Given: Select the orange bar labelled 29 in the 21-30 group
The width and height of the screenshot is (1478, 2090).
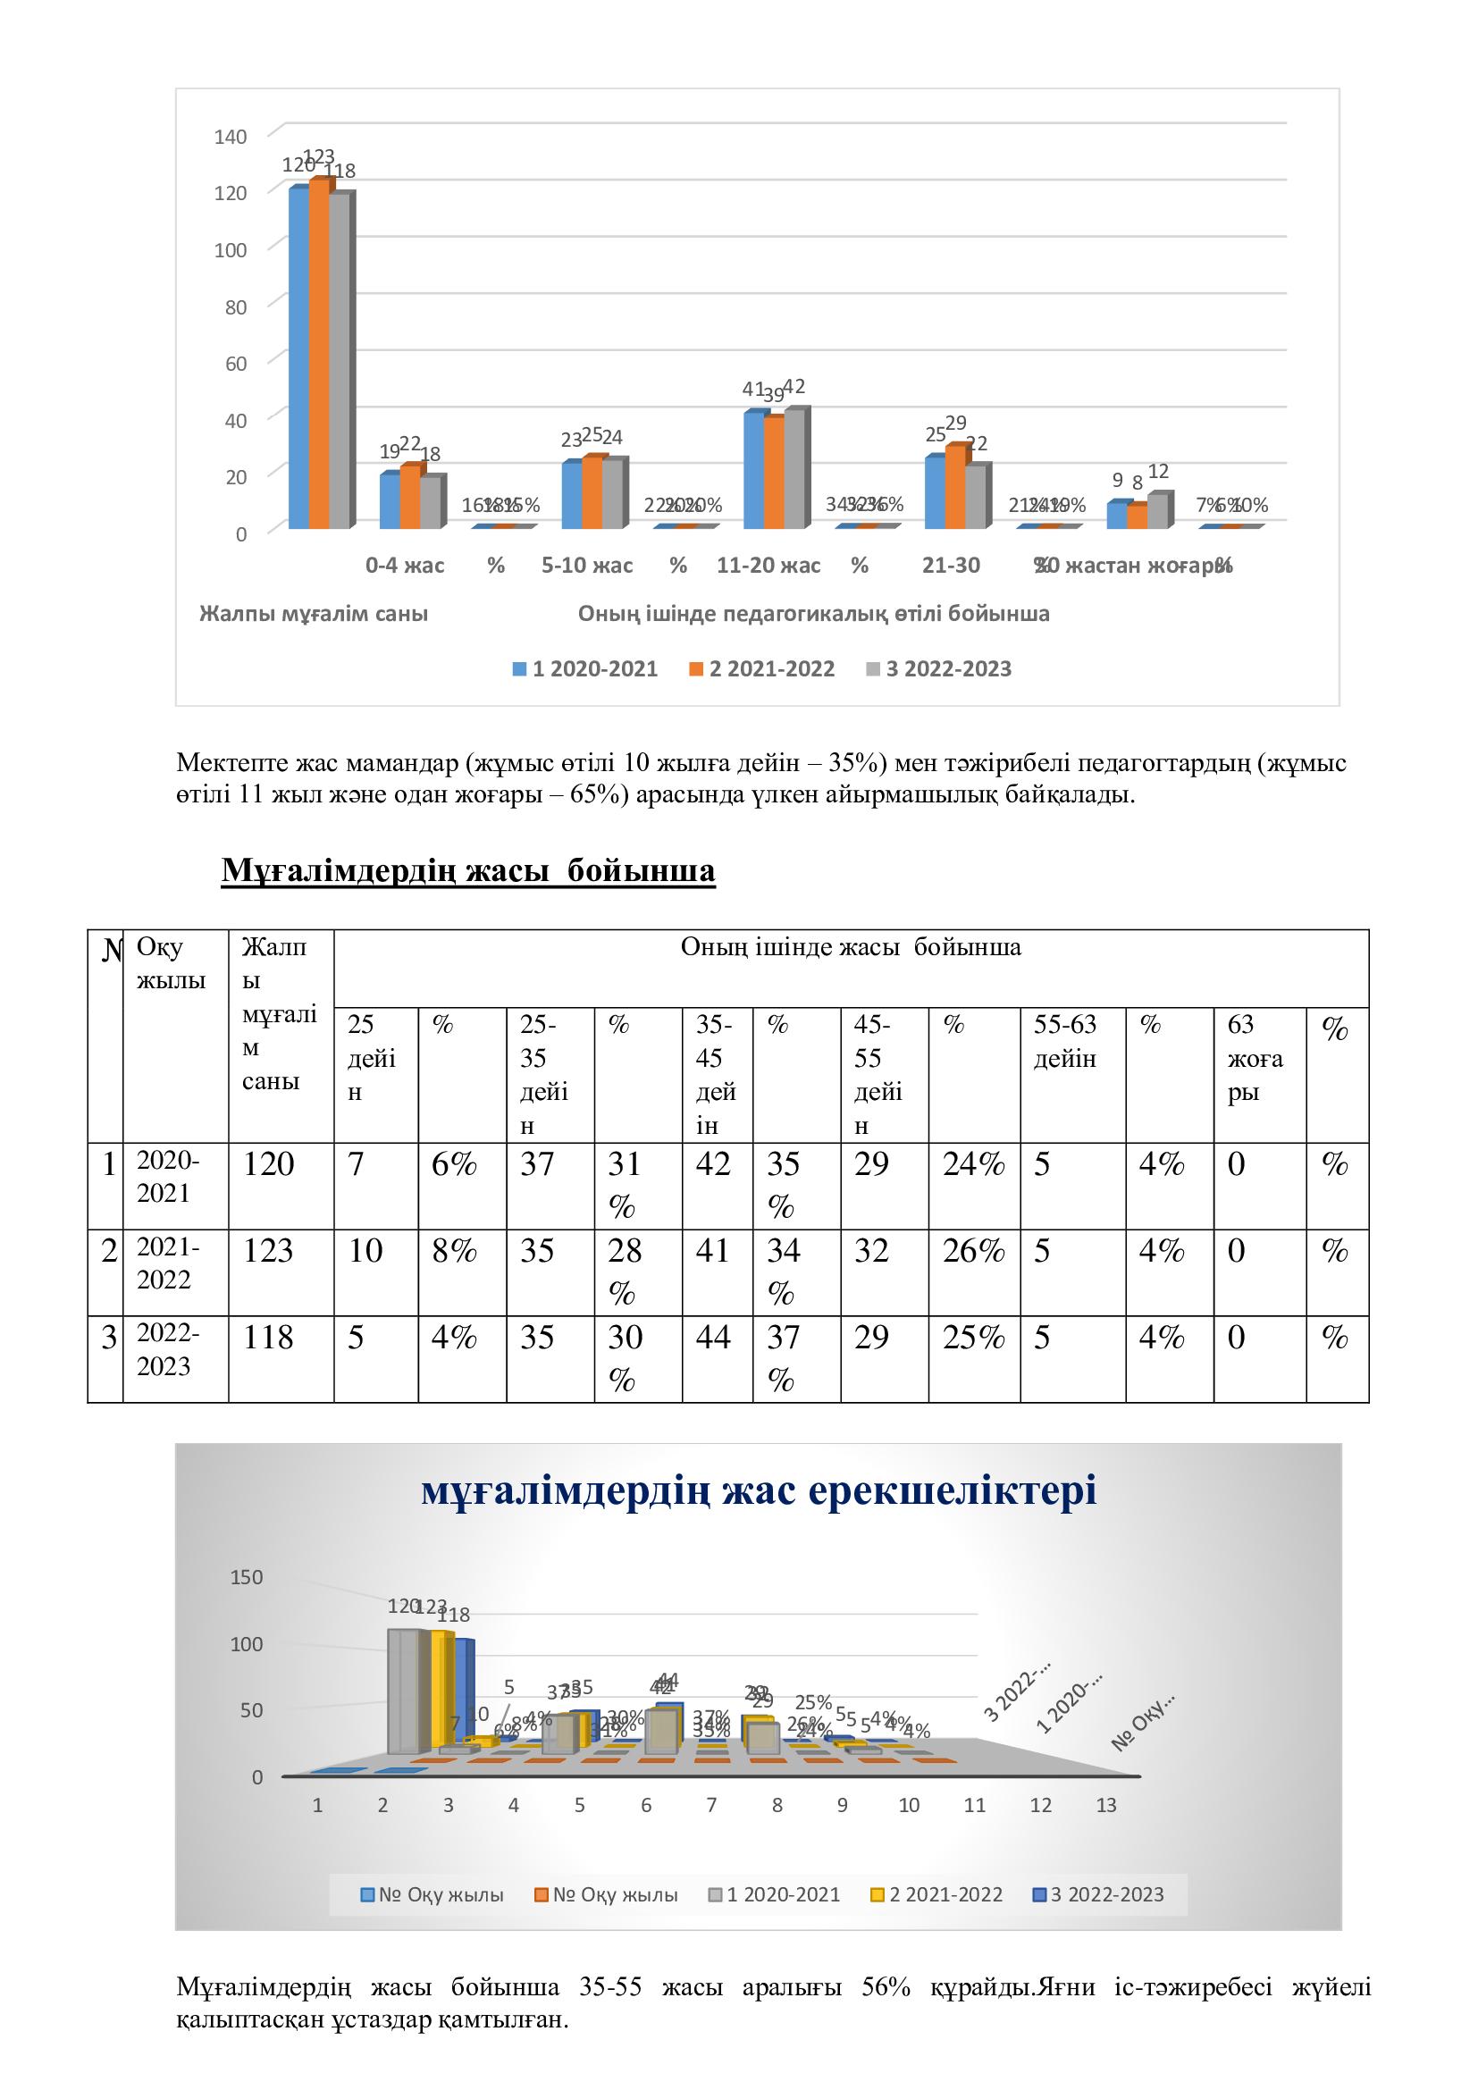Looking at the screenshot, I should pos(954,487).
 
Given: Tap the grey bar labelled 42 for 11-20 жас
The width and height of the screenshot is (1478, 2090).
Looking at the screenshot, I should pos(794,469).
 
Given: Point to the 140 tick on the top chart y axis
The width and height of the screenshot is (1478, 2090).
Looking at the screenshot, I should pos(231,137).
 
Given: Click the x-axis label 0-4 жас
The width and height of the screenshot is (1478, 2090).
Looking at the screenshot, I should pos(405,566).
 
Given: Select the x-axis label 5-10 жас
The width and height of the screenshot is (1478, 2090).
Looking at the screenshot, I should pos(587,566).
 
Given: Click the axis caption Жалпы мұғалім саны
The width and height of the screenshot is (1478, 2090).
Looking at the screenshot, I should pos(314,614).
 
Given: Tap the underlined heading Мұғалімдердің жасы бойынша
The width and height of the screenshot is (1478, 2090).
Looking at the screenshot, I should pos(467,871).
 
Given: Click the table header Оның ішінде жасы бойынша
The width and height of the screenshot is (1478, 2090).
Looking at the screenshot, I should pos(850,947).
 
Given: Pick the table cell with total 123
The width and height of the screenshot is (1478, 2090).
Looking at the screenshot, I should pos(268,1251).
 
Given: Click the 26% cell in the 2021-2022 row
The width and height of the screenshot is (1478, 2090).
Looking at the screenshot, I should pos(973,1251).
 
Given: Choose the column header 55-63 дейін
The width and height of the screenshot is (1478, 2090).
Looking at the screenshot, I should pos(1066,1041).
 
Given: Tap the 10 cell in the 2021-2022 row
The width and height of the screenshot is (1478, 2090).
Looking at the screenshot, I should pos(365,1251).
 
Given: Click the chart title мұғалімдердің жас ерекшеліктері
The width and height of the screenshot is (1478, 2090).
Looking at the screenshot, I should pos(758,1490).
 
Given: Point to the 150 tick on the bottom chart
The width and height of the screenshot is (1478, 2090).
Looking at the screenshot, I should pos(247,1576).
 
